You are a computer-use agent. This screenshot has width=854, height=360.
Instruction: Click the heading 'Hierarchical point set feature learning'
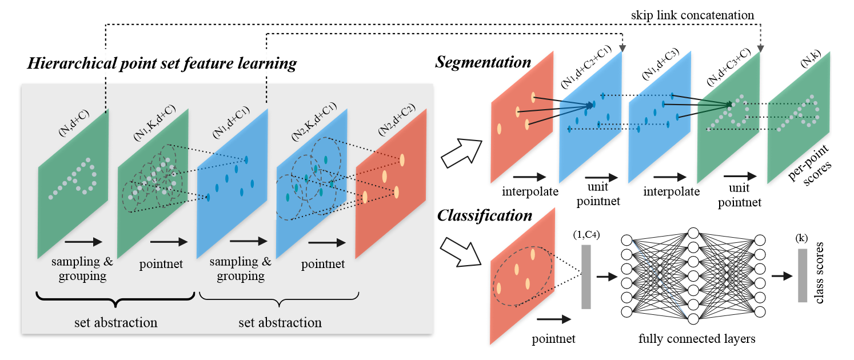162,63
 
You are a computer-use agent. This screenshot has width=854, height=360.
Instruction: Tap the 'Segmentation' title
483,62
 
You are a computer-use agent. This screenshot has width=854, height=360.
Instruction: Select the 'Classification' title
485,215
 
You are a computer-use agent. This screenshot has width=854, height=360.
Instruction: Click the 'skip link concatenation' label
692,15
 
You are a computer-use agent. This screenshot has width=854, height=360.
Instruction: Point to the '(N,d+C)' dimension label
74,123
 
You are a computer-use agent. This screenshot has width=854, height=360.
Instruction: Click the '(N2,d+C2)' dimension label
397,119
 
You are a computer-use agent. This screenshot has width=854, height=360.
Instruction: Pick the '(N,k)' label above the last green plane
810,59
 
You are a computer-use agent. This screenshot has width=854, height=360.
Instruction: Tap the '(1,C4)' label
586,235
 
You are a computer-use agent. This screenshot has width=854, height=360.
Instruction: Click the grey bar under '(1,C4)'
586,277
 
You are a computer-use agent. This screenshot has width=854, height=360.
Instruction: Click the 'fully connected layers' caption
697,339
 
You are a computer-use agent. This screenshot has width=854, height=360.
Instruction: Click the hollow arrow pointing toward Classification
461,252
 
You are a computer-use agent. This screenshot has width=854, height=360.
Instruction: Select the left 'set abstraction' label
116,323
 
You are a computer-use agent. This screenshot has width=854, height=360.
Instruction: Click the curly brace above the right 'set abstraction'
279,299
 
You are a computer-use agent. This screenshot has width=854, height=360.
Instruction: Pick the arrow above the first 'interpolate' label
529,177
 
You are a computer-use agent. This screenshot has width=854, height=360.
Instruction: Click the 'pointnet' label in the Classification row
553,339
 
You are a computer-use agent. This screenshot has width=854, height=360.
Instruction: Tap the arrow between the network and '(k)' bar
782,275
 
